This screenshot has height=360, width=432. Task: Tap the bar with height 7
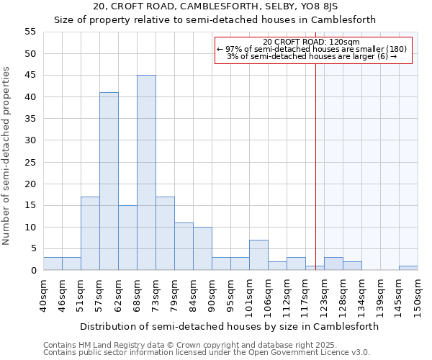(258, 255)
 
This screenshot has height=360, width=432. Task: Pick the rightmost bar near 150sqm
(408, 268)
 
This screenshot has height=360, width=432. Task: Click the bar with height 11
(184, 246)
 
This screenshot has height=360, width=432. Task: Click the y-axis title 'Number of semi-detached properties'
(7, 156)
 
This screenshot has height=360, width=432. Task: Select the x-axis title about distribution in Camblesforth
(229, 326)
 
